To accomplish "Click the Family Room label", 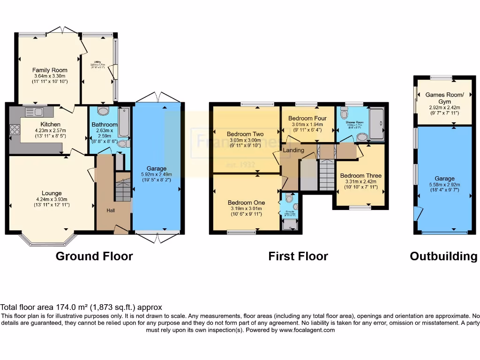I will coord(50,70).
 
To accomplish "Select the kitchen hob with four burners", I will coord(13,129).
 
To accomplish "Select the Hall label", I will coord(111,210).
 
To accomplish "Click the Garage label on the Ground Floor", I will coord(157,169).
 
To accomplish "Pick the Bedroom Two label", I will coord(245,134).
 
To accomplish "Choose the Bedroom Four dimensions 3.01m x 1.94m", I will coord(307,124).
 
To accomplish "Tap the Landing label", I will coord(293,150).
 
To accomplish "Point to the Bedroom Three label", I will coord(360,176).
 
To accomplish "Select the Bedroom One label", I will coord(246,202).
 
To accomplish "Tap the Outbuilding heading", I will coord(443,256).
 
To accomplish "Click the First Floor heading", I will coord(298,256).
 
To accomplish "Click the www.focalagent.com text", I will coord(307,330).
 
